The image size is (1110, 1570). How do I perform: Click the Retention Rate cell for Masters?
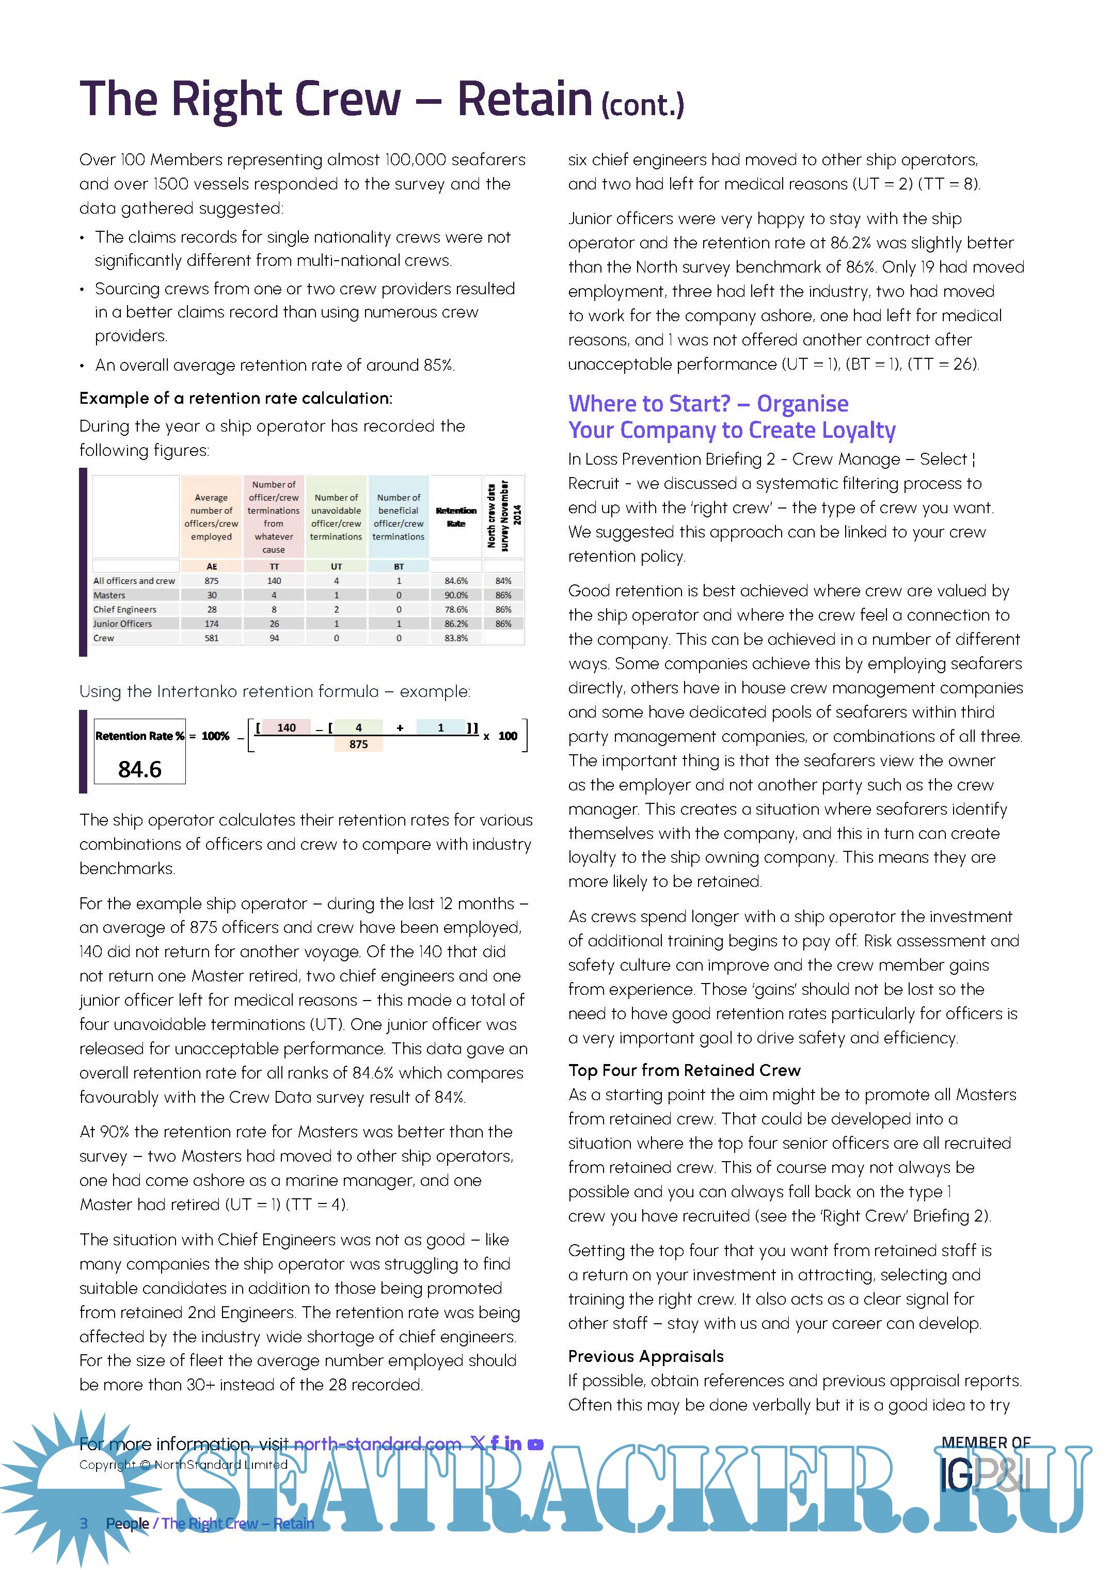(x=456, y=595)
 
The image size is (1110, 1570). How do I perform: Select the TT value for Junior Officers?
(x=274, y=624)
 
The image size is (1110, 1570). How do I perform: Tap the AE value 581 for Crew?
(x=211, y=638)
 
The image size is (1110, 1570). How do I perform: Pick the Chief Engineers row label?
(x=125, y=609)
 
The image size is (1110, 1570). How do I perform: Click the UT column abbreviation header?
(x=336, y=566)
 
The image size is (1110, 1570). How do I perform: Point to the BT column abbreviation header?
(x=399, y=566)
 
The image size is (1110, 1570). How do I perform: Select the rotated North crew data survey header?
(x=503, y=516)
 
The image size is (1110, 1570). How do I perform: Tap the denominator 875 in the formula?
(x=358, y=744)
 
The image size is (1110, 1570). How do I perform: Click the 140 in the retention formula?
(x=287, y=727)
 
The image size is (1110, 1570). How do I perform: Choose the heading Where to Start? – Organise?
(x=708, y=403)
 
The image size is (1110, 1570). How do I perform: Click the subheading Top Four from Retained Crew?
(x=684, y=1070)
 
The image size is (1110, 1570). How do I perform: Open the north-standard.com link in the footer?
(x=377, y=1444)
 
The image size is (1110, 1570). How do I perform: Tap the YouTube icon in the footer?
(x=536, y=1444)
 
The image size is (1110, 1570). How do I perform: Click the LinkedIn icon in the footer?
(x=513, y=1444)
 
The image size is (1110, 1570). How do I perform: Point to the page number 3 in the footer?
(x=84, y=1524)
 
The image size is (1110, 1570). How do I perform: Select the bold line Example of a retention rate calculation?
(x=236, y=398)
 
